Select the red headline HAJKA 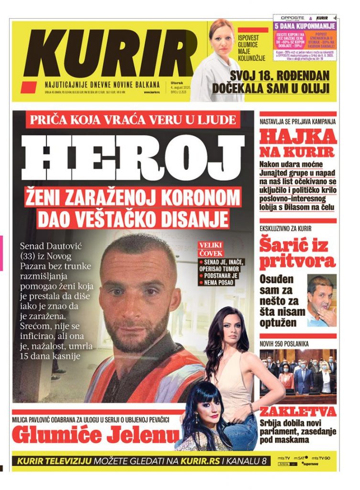[x=298, y=137]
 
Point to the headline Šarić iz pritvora [x=297, y=254]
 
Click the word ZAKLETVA [x=298, y=412]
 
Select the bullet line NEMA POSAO [x=220, y=283]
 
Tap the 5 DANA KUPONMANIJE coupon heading [x=305, y=26]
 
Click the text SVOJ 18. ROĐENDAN [x=280, y=76]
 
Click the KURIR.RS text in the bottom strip [x=206, y=461]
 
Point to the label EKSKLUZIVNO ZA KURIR [x=285, y=229]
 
